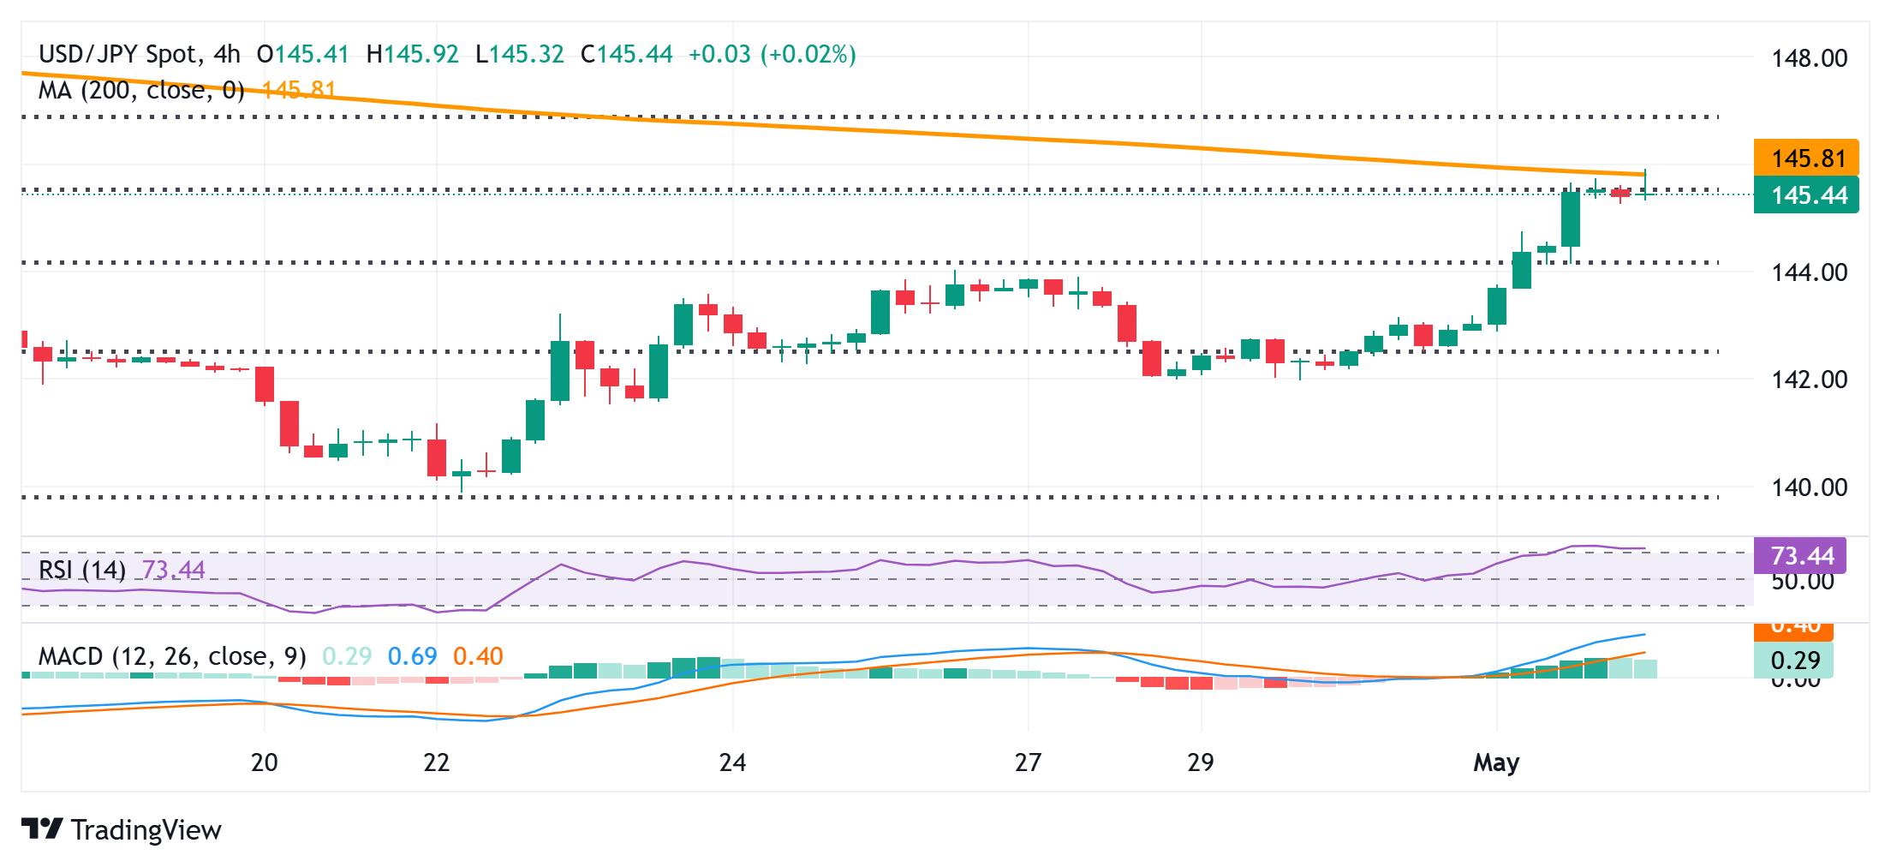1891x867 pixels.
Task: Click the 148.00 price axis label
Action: pos(1809,58)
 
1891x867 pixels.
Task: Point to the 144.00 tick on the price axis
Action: pos(1809,272)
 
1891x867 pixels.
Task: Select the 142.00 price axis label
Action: pos(1809,380)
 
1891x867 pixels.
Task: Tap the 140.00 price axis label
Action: pos(1809,487)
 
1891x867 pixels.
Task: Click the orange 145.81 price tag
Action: pos(1806,158)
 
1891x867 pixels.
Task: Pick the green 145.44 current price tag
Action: pos(1806,195)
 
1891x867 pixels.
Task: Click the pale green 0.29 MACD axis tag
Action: pos(1793,661)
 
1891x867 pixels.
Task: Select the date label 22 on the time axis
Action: pos(437,762)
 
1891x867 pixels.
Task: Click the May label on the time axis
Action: pos(1496,762)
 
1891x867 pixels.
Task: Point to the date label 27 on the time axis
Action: pos(1028,762)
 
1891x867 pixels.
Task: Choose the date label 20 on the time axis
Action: pos(264,762)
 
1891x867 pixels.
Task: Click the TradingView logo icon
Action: pos(42,829)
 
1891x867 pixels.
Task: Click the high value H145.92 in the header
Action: pos(413,55)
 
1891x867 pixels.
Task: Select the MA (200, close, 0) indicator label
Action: pos(142,90)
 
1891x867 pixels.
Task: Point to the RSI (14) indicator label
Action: pos(82,570)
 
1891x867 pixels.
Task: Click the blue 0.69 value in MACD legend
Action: pos(412,656)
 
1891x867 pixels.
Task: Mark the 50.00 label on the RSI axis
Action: pos(1802,582)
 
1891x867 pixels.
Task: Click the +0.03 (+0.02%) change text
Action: pos(773,55)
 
